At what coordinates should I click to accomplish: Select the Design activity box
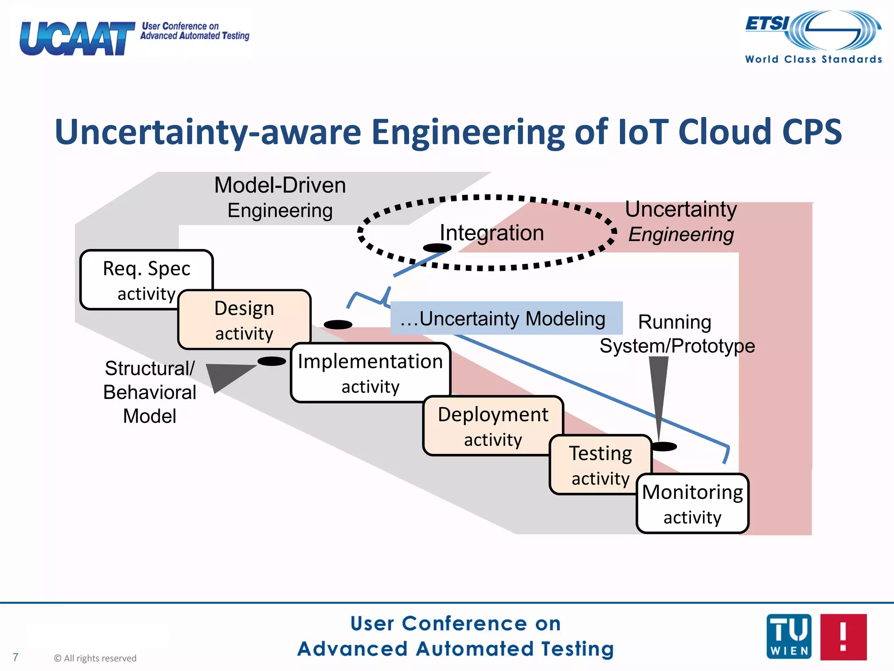(x=244, y=320)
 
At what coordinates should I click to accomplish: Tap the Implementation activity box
(x=370, y=374)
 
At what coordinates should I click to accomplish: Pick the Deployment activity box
(x=493, y=426)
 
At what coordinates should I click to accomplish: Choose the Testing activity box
(x=600, y=465)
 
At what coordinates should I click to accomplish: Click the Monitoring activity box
(x=692, y=504)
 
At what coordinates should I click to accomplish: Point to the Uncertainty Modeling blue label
(x=506, y=318)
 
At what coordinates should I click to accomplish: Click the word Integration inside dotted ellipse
(x=492, y=232)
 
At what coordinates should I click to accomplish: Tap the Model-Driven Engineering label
(x=280, y=197)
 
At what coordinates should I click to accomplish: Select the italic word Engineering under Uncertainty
(x=681, y=235)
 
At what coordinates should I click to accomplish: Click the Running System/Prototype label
(x=677, y=334)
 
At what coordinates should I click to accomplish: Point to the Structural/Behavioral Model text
(x=150, y=392)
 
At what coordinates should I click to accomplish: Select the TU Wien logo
(x=789, y=636)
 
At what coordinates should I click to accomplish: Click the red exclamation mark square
(x=843, y=636)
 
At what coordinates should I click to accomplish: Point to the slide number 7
(x=16, y=657)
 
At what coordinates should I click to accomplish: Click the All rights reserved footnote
(x=95, y=658)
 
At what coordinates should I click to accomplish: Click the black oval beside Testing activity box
(x=663, y=446)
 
